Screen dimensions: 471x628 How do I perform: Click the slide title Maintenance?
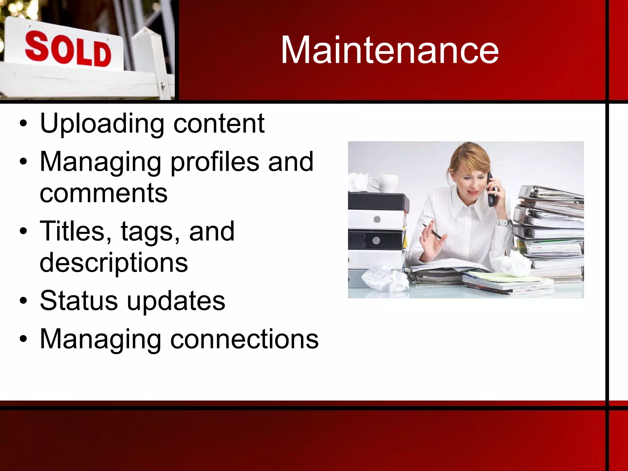[x=389, y=50]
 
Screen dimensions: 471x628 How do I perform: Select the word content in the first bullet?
[x=219, y=124]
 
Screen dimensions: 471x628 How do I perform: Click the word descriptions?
[x=113, y=263]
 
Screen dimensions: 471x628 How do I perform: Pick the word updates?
[x=176, y=302]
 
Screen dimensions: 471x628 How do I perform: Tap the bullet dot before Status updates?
[x=23, y=302]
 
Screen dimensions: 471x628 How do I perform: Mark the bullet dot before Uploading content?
[x=23, y=124]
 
